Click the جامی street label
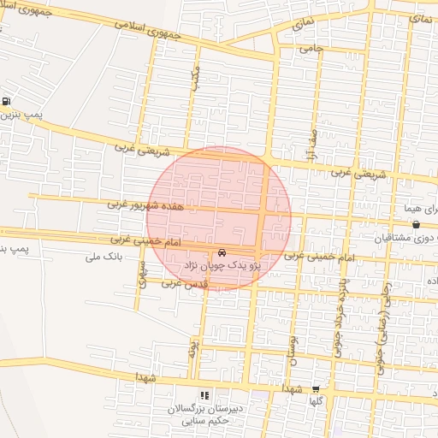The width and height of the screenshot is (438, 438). pyautogui.click(x=310, y=49)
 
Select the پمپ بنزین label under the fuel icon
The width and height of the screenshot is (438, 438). pyautogui.click(x=18, y=115)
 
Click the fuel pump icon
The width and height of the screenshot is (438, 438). pyautogui.click(x=6, y=101)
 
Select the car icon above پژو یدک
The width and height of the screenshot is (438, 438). pyautogui.click(x=222, y=253)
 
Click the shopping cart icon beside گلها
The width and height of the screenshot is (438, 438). pyautogui.click(x=317, y=388)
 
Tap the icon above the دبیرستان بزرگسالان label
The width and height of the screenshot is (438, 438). pyautogui.click(x=204, y=395)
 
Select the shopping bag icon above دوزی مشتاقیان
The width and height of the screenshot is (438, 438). pyautogui.click(x=416, y=225)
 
